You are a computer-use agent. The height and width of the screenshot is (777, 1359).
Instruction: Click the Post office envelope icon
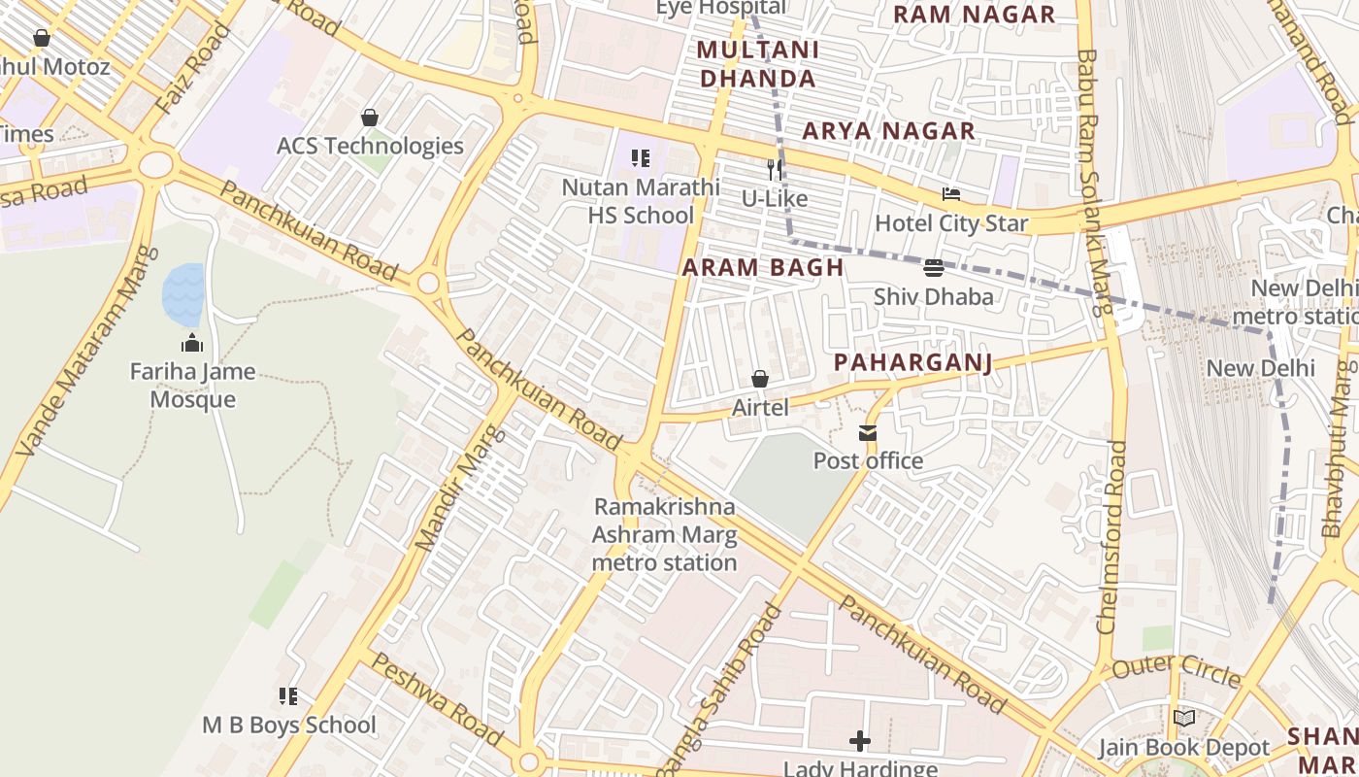867,433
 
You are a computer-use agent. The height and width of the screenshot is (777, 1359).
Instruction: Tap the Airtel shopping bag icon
760,379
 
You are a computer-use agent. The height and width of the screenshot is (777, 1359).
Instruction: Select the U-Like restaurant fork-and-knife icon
775,170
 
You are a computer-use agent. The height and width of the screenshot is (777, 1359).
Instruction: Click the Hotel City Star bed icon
950,195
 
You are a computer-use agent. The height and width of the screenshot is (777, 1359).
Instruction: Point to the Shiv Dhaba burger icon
934,268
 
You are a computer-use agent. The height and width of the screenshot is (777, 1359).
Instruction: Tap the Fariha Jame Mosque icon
192,343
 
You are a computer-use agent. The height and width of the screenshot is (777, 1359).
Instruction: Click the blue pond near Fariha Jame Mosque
183,293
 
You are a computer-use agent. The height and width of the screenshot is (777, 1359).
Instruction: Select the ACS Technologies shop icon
370,118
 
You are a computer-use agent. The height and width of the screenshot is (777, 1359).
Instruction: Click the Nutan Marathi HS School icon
640,158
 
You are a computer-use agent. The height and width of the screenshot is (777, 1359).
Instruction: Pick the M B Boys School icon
288,696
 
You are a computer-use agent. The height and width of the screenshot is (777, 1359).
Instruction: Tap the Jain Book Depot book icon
1183,719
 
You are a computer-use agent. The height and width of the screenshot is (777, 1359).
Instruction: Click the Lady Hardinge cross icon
859,742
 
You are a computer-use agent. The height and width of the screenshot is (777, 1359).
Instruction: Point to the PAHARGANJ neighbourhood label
913,363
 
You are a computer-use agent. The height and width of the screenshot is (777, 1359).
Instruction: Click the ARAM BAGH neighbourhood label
763,268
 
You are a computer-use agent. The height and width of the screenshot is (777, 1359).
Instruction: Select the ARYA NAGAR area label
888,131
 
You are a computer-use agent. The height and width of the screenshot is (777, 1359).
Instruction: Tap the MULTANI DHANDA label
758,64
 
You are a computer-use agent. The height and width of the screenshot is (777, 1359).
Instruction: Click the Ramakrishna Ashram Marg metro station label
665,534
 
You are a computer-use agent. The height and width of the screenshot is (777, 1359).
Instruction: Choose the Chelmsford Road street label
1112,537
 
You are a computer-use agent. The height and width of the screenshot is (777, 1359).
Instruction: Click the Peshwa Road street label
437,699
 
